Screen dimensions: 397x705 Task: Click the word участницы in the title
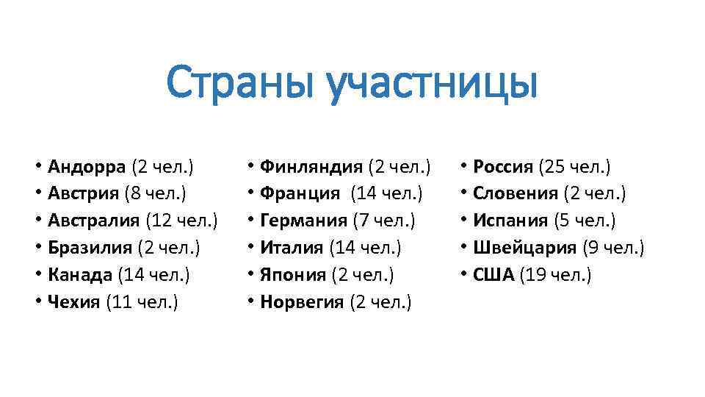pyautogui.click(x=433, y=85)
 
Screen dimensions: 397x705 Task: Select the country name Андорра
pyautogui.click(x=87, y=166)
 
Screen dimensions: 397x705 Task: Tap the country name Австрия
pyautogui.click(x=82, y=193)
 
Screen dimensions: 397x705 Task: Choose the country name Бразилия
pyautogui.click(x=89, y=248)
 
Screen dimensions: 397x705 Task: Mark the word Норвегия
pyautogui.click(x=302, y=302)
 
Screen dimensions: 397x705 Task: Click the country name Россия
pyautogui.click(x=503, y=166)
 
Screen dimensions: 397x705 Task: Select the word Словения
pyautogui.click(x=516, y=193)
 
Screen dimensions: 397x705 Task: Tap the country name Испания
pyautogui.click(x=510, y=221)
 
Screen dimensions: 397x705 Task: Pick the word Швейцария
pyautogui.click(x=525, y=248)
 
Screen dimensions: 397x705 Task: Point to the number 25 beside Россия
pyautogui.click(x=551, y=166)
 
